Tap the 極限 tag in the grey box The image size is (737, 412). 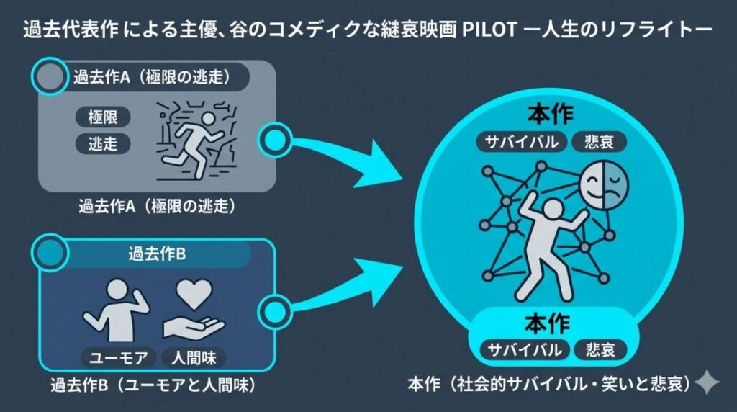[x=103, y=116]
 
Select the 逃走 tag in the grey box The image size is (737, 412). [x=103, y=143]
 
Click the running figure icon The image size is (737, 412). [x=199, y=141]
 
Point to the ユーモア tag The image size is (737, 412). [x=116, y=356]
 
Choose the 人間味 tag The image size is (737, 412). [x=194, y=356]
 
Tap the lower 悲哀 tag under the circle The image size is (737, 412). [x=601, y=351]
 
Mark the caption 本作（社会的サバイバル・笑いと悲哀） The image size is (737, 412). [x=550, y=383]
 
